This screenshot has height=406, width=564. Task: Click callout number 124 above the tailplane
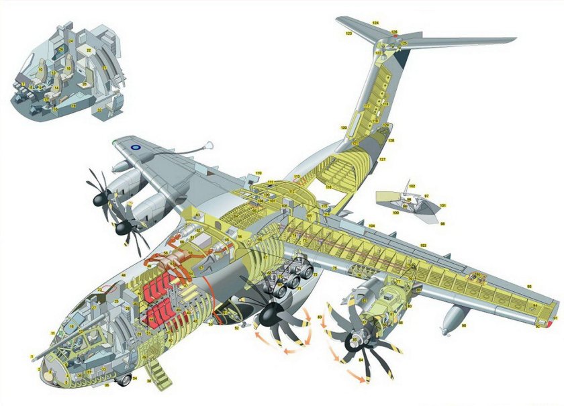(375, 23)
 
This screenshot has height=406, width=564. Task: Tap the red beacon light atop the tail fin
(395, 37)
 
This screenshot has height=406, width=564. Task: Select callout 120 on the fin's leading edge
(343, 128)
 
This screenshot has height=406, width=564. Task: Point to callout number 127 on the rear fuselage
(382, 159)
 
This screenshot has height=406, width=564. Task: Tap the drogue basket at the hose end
(210, 144)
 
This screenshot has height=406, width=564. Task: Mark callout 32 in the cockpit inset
(99, 110)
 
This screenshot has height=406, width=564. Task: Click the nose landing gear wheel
(126, 382)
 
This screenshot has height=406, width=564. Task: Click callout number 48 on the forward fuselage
(123, 276)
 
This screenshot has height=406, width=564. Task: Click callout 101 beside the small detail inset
(442, 205)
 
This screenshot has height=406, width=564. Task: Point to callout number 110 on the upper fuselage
(258, 173)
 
